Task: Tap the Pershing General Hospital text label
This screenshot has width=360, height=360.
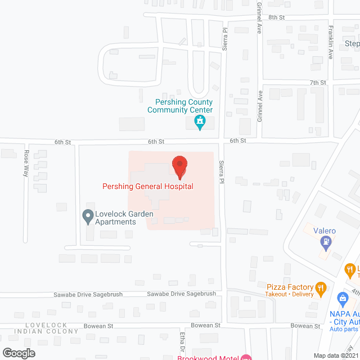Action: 148,186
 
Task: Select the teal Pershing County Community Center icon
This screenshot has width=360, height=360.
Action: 200,122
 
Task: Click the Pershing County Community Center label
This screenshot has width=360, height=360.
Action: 180,106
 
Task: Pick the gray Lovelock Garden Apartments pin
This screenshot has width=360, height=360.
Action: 87,215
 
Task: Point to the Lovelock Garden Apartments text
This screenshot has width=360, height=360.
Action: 116,218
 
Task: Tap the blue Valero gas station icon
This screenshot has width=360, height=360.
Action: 326,243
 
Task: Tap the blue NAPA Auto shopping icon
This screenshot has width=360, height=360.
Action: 341,299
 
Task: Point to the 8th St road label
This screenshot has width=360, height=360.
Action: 277,17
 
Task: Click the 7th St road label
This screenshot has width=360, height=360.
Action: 318,83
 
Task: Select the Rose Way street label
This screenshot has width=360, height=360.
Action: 26,164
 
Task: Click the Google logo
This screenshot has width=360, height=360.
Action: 19,353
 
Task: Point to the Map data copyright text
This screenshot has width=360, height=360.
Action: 336,355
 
